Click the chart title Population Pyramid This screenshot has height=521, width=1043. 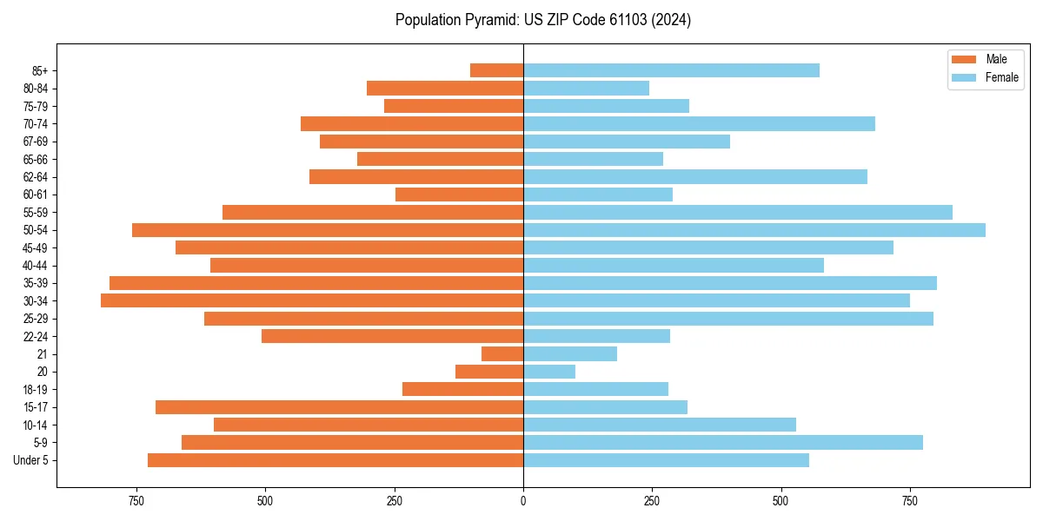click(x=542, y=20)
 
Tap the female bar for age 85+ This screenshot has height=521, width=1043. click(x=671, y=70)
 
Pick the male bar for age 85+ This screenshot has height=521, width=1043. click(x=496, y=70)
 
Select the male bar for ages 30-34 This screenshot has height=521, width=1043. click(x=312, y=300)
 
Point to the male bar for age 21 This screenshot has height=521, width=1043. click(x=502, y=354)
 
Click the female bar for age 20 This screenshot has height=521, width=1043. click(x=549, y=372)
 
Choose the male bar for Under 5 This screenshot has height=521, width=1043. click(x=335, y=460)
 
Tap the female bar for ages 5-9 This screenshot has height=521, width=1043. click(x=722, y=443)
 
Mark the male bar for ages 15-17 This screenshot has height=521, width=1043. click(x=339, y=407)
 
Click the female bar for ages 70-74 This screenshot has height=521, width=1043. click(x=699, y=124)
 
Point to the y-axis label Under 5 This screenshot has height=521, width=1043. click(x=31, y=460)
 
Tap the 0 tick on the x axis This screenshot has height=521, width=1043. click(x=523, y=501)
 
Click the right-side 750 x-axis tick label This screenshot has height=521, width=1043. click(x=910, y=501)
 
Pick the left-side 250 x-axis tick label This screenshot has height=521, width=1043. click(x=395, y=501)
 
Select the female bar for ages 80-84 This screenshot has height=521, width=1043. click(x=586, y=89)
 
